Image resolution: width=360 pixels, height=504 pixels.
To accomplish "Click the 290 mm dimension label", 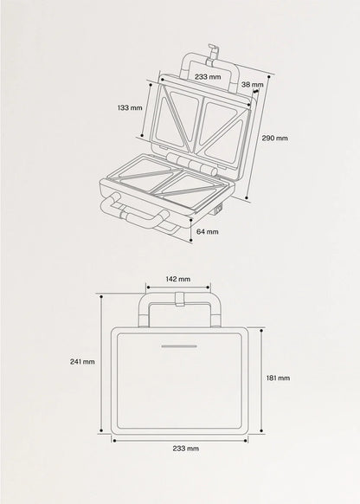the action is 274,139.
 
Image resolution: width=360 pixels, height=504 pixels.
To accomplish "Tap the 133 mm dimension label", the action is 130,107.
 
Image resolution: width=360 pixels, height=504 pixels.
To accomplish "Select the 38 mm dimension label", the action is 253,85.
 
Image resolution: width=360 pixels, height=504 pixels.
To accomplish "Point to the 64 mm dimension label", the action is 208,231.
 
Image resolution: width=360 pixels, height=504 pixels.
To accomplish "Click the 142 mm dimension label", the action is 178,279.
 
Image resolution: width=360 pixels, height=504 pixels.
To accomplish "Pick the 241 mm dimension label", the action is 82,362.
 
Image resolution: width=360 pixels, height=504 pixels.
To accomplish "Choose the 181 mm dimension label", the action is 278,378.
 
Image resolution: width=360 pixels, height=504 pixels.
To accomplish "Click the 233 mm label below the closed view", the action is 185,449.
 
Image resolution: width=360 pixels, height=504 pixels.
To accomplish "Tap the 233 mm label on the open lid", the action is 208,77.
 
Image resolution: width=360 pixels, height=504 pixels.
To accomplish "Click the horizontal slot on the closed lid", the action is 179,346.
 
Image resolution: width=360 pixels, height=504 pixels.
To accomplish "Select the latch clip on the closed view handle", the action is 180,299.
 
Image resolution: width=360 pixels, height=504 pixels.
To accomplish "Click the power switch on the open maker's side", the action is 219,210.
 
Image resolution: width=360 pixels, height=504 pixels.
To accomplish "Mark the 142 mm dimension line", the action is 178,287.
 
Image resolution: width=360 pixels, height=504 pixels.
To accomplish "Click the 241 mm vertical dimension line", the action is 101,363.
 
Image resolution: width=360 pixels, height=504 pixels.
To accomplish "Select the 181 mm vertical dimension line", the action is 262,380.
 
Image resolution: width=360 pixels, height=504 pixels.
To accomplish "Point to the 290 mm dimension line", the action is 258,137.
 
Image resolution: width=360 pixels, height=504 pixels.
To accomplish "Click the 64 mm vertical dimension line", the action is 191,229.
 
